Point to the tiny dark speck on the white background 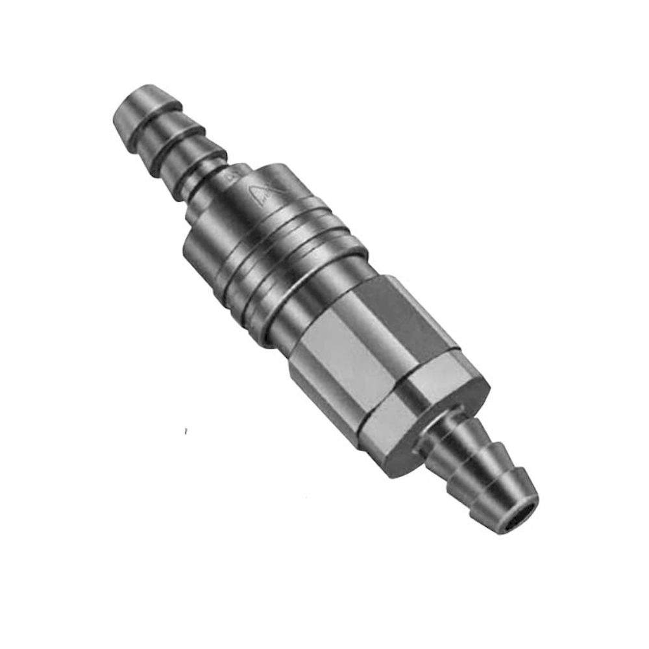pyautogui.click(x=186, y=430)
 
